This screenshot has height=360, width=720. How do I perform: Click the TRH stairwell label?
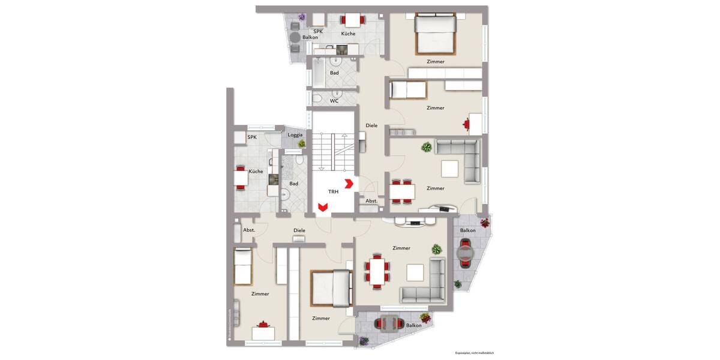coord(333,192)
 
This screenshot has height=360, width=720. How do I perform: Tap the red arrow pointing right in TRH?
coord(349,184)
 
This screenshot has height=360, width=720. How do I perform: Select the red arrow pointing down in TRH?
coord(322,208)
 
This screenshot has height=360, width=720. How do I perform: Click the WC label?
coord(334,101)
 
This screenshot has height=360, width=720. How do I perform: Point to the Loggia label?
coord(295,135)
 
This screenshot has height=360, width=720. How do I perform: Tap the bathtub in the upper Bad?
coord(318,73)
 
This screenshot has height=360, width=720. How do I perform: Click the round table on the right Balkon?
coord(466,253)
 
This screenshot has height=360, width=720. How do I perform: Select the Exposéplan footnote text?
coord(474,353)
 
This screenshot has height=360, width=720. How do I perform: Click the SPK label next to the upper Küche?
coord(318,31)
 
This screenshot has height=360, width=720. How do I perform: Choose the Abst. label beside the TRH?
coord(371,201)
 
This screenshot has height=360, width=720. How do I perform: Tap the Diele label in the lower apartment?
coord(299,230)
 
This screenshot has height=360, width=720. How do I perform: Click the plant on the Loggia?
coord(302,144)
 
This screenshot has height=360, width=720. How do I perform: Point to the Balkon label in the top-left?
coord(310,37)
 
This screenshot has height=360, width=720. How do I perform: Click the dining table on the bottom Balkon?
coord(389,324)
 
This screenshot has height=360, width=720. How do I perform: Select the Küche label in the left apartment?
coord(256,172)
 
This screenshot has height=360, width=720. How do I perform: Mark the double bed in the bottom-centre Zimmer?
coord(331,287)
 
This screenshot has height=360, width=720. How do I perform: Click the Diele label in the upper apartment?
coord(371,125)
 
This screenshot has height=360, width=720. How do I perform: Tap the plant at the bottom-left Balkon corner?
coord(364,341)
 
